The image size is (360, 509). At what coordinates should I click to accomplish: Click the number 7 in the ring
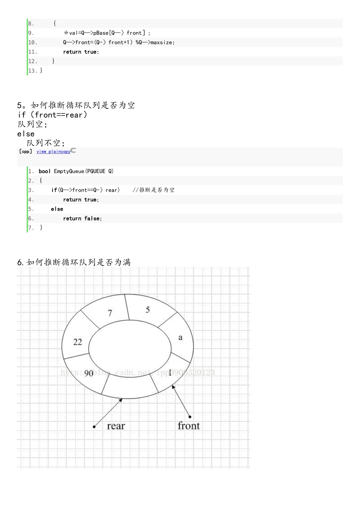pyautogui.click(x=110, y=313)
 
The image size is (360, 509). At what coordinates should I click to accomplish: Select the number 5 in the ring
pyautogui.click(x=148, y=310)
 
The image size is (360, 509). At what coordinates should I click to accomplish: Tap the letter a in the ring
pyautogui.click(x=180, y=337)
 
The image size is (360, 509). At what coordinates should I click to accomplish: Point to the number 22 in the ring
pyautogui.click(x=78, y=342)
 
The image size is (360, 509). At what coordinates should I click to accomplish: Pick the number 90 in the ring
pyautogui.click(x=89, y=373)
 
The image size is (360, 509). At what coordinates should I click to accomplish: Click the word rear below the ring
pyautogui.click(x=116, y=426)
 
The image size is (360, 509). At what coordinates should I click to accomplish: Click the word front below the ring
pyautogui.click(x=188, y=426)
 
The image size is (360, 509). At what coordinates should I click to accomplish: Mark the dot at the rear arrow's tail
pyautogui.click(x=94, y=427)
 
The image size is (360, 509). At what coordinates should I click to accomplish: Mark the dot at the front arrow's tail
pyautogui.click(x=190, y=417)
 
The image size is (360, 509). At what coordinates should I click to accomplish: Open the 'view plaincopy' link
pyautogui.click(x=53, y=151)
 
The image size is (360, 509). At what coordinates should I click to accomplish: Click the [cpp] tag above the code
pyautogui.click(x=26, y=151)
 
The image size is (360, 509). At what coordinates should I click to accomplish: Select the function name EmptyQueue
pyautogui.click(x=69, y=171)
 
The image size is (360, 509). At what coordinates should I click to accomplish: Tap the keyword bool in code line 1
pyautogui.click(x=45, y=171)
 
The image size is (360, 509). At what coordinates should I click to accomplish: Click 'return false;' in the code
pyautogui.click(x=82, y=219)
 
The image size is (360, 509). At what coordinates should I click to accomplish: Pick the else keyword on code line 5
pyautogui.click(x=57, y=209)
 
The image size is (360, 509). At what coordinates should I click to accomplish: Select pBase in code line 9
pyautogui.click(x=101, y=33)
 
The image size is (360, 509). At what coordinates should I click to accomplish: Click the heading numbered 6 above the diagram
pyautogui.click(x=74, y=262)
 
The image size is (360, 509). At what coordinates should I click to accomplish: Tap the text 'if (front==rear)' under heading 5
pyautogui.click(x=52, y=115)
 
